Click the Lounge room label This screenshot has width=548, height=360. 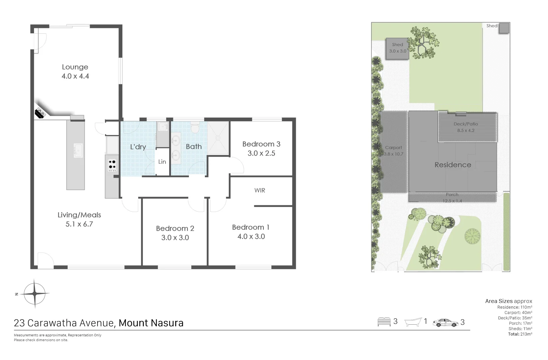(75, 67)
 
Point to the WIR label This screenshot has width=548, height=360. (260, 190)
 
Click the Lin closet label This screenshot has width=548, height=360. (162, 162)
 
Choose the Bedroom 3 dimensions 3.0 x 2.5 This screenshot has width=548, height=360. (261, 153)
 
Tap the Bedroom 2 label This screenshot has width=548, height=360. (175, 228)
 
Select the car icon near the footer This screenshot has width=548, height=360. (445, 322)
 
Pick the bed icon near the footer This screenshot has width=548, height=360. (384, 322)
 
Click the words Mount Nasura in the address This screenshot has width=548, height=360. (151, 323)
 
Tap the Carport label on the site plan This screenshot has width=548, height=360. (393, 147)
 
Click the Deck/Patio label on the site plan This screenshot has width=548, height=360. (466, 124)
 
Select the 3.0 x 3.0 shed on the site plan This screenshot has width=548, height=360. (397, 49)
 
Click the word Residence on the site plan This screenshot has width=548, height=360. (453, 165)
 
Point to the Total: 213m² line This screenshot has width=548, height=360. (520, 334)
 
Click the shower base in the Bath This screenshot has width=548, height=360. (218, 138)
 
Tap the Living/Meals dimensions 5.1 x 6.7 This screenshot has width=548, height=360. (79, 224)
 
